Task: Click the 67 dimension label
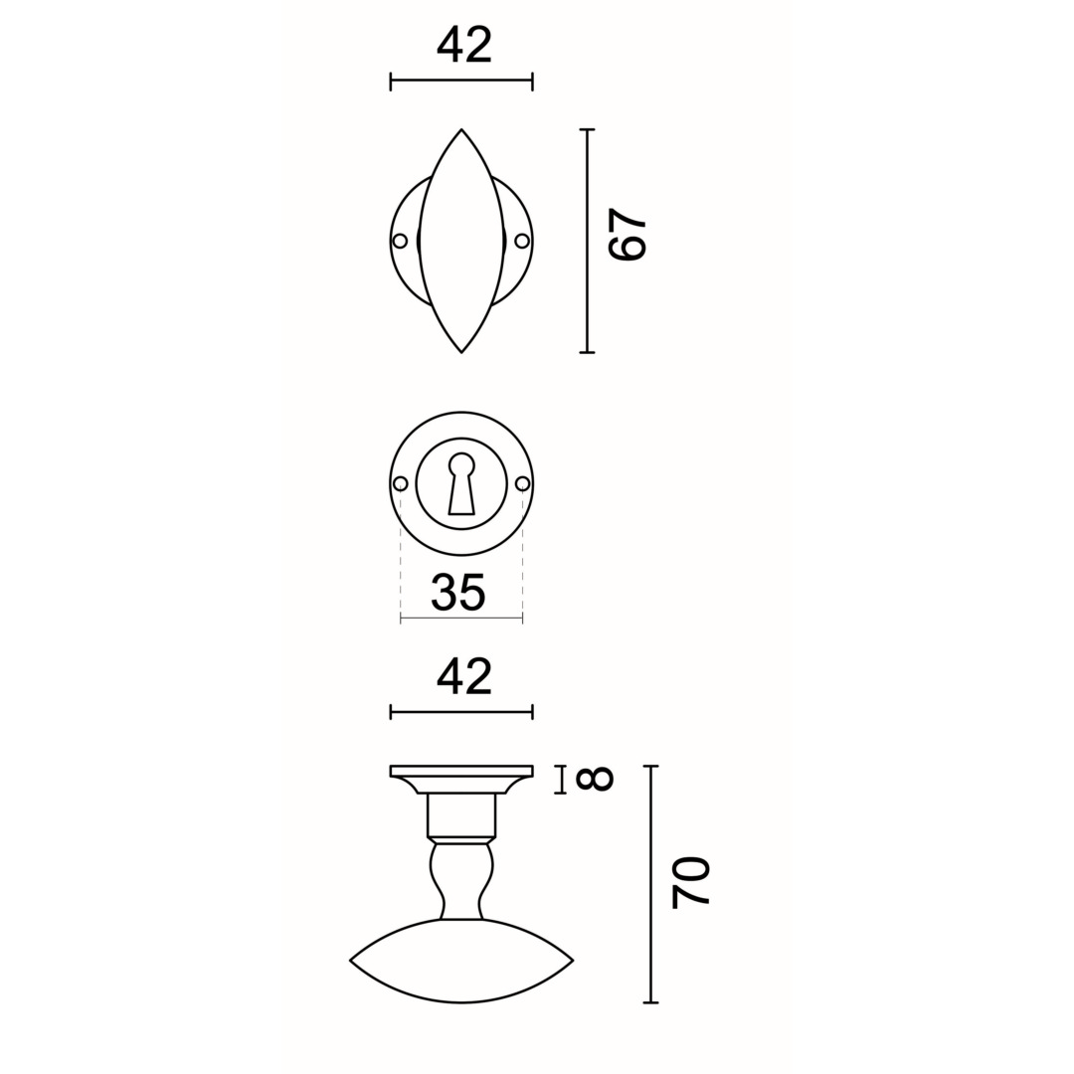pyautogui.click(x=627, y=236)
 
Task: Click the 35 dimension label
pyautogui.click(x=458, y=591)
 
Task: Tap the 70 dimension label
pyautogui.click(x=690, y=882)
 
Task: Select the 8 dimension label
pyautogui.click(x=595, y=780)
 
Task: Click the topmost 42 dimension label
pyautogui.click(x=464, y=43)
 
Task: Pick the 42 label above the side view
pyautogui.click(x=464, y=675)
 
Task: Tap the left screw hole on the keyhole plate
pyautogui.click(x=401, y=484)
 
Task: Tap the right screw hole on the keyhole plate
pyautogui.click(x=523, y=484)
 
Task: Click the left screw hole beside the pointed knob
pyautogui.click(x=401, y=241)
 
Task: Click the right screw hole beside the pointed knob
pyautogui.click(x=522, y=241)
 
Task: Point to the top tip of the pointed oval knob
pyautogui.click(x=461, y=130)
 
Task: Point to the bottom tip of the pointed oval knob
pyautogui.click(x=461, y=351)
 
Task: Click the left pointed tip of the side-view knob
pyautogui.click(x=352, y=960)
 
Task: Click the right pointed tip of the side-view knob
pyautogui.click(x=572, y=960)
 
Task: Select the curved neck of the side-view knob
pyautogui.click(x=461, y=880)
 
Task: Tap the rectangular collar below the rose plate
pyautogui.click(x=461, y=814)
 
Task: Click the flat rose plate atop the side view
pyautogui.click(x=461, y=771)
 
